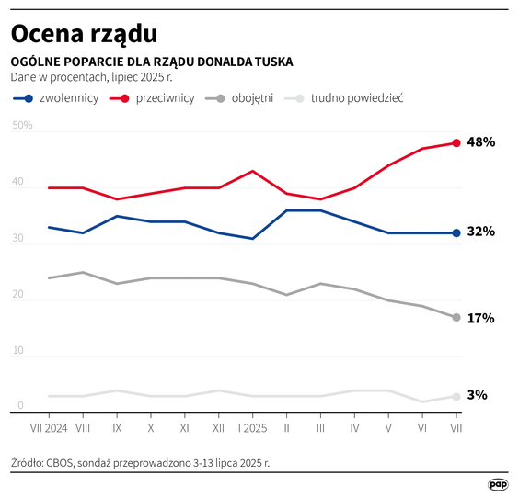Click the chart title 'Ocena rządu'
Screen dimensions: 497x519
[x=84, y=34]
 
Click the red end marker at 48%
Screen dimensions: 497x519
[x=456, y=143]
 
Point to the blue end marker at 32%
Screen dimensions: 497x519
[x=456, y=232]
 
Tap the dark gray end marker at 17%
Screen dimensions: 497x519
[x=456, y=317]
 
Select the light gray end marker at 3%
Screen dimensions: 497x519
[x=456, y=396]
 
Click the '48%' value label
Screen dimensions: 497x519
[x=481, y=142]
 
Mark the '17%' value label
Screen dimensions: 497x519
[x=481, y=318]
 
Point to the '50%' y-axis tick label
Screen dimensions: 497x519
[x=23, y=126]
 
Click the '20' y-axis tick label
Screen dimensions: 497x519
[x=19, y=295]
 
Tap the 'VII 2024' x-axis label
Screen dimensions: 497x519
[x=48, y=428]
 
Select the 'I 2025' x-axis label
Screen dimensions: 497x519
[x=252, y=428]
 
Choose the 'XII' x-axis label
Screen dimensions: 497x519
[x=218, y=428]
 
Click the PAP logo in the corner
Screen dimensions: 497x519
[x=497, y=483]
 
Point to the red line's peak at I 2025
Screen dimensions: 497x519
[x=252, y=171]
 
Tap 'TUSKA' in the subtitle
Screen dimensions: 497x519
[x=271, y=62]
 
